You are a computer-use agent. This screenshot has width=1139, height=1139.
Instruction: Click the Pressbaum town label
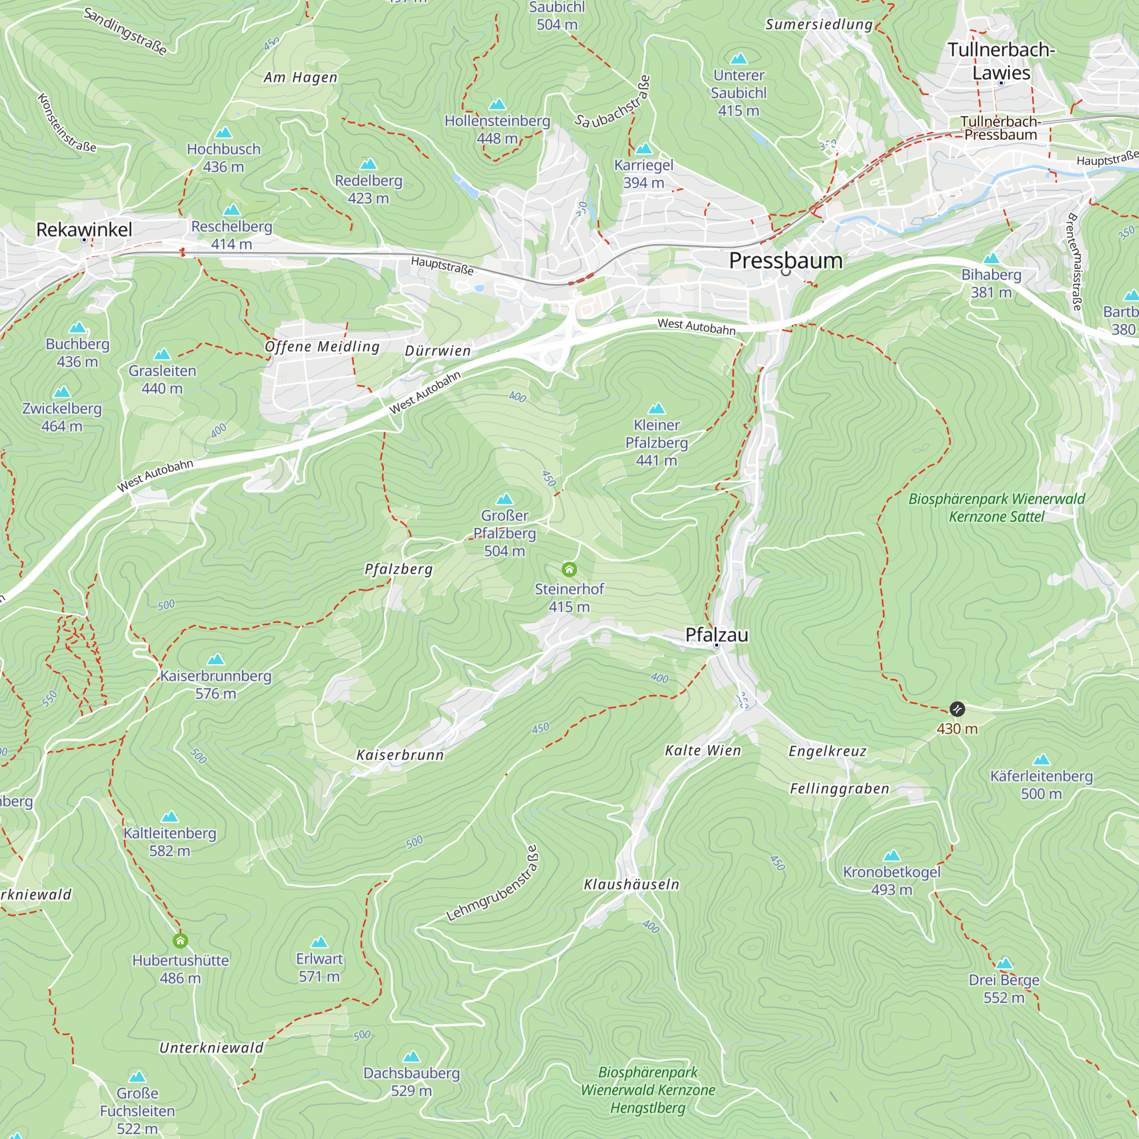(785, 261)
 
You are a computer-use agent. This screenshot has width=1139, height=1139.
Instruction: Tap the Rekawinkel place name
(84, 230)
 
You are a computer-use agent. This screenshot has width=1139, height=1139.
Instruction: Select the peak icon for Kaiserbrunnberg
(216, 658)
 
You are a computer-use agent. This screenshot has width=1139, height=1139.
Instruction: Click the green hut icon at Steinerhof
(569, 569)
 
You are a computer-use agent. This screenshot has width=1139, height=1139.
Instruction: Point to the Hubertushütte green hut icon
(181, 940)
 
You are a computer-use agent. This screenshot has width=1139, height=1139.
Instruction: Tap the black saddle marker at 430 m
(957, 708)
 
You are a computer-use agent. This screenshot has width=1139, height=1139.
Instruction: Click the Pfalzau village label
(716, 635)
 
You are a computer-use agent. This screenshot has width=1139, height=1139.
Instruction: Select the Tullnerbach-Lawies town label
(1001, 61)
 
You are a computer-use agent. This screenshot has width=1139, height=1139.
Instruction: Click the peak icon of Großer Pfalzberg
(505, 499)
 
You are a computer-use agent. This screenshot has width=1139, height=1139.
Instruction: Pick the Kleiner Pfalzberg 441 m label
(656, 442)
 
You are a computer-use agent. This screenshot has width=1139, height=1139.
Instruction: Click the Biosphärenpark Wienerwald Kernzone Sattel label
(996, 507)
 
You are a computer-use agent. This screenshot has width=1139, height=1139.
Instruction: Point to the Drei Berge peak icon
(1004, 964)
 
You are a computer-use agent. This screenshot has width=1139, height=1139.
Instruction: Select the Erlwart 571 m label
(319, 968)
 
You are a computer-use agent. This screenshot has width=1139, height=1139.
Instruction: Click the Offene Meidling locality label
(322, 347)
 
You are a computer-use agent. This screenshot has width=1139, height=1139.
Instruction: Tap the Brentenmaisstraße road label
(1075, 262)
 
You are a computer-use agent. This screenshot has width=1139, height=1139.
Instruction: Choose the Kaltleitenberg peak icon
(170, 817)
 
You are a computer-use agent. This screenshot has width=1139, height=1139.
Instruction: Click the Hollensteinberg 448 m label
(497, 129)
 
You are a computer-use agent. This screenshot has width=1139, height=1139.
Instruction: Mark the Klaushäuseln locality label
(632, 884)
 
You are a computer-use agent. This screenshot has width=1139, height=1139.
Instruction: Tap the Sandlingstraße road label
(125, 31)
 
